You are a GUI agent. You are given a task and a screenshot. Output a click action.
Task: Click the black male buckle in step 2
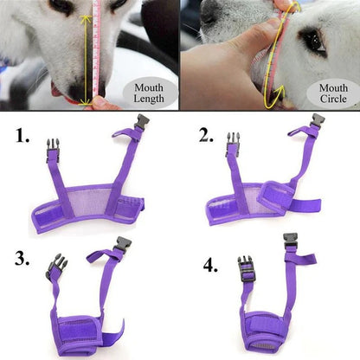pos(232,145)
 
